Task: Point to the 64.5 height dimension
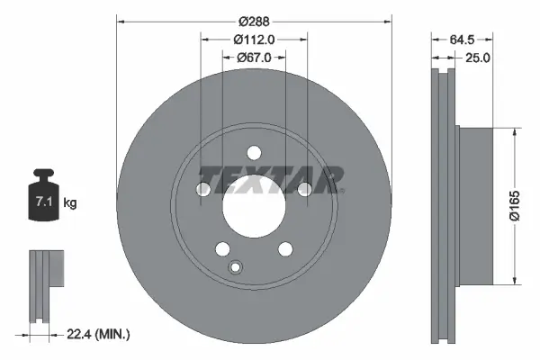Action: click(x=460, y=39)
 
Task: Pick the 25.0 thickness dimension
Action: click(x=476, y=58)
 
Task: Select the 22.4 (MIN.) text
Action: click(x=99, y=334)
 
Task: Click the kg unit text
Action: click(x=70, y=204)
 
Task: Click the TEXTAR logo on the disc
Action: click(x=271, y=179)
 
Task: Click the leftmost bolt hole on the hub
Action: click(x=202, y=188)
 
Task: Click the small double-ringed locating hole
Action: click(x=237, y=266)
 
